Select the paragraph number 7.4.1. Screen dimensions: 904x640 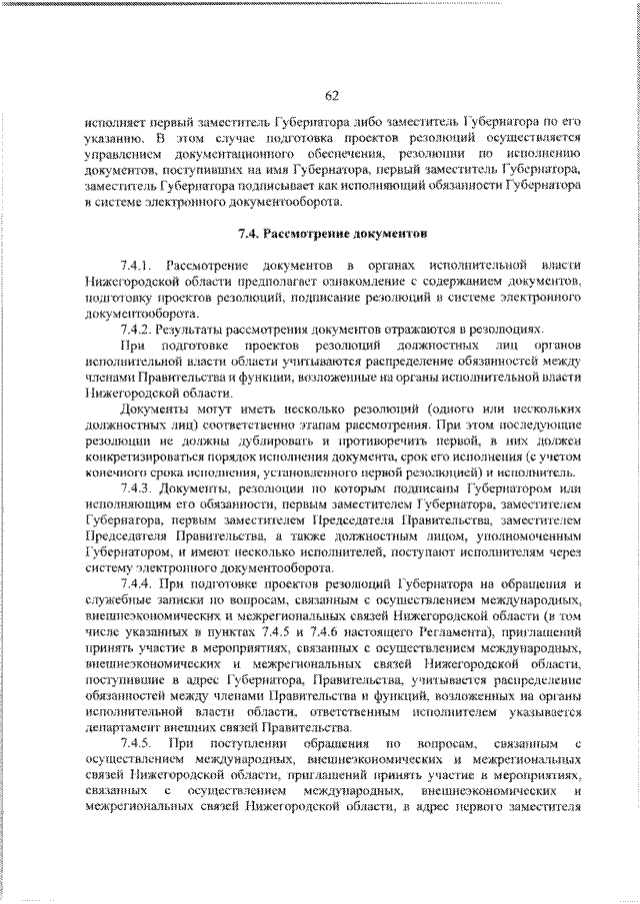tap(136, 266)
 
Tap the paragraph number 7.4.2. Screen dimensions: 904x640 tap(136, 328)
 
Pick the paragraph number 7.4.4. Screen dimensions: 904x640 tap(136, 581)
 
